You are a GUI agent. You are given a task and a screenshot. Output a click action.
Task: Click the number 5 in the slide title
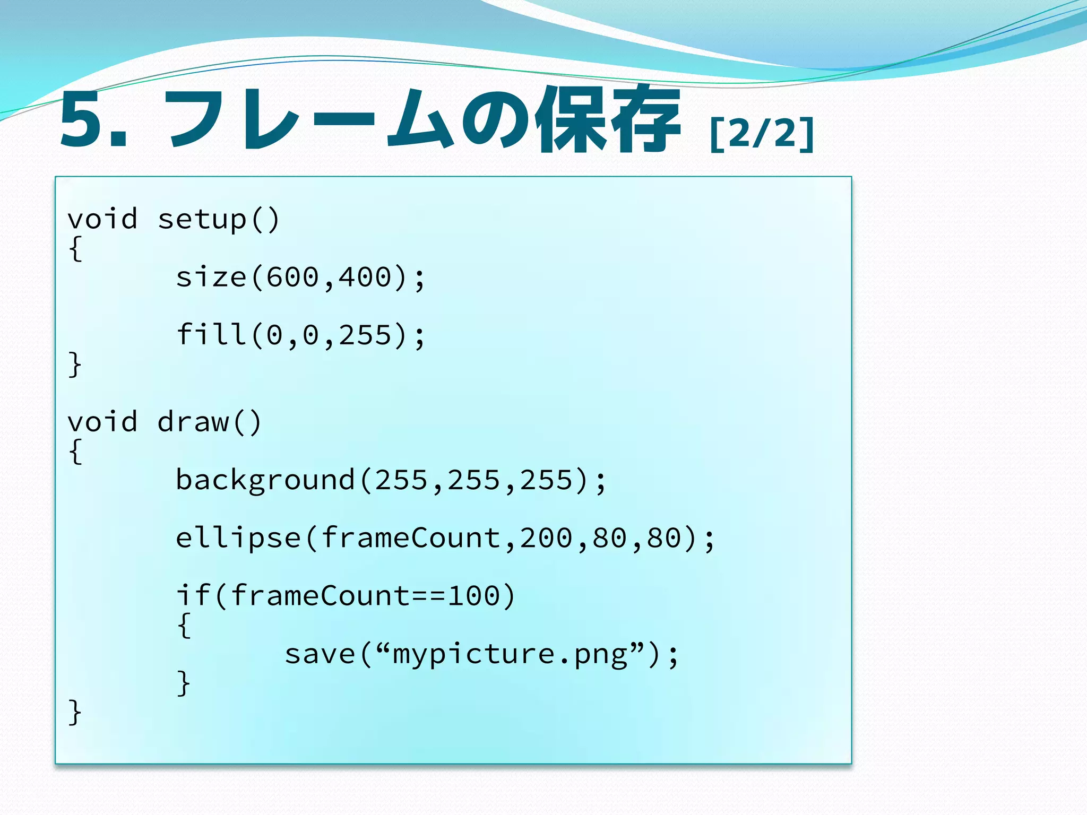click(81, 119)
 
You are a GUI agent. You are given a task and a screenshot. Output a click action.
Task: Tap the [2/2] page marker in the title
click(762, 134)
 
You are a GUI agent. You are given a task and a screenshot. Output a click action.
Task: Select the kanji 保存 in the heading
click(608, 119)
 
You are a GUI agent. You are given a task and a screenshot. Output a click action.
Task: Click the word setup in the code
click(202, 219)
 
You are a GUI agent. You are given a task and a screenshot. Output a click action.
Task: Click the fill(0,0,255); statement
click(300, 335)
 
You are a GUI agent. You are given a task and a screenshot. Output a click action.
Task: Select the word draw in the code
click(193, 422)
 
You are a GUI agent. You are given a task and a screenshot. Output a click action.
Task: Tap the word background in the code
click(265, 480)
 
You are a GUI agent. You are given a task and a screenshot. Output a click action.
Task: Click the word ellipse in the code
click(238, 538)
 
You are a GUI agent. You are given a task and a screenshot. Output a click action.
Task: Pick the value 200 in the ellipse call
click(546, 538)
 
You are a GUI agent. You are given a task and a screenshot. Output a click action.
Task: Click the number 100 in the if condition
click(473, 596)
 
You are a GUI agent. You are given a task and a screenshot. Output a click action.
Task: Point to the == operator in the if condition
click(429, 596)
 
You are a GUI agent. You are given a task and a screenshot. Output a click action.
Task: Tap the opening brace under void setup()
click(75, 248)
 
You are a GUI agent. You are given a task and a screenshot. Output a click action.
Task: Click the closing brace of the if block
click(184, 683)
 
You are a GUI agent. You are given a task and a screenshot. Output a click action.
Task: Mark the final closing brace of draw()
click(75, 712)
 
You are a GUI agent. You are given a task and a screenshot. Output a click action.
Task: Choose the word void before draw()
click(102, 422)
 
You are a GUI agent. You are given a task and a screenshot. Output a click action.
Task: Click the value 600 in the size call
click(292, 277)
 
